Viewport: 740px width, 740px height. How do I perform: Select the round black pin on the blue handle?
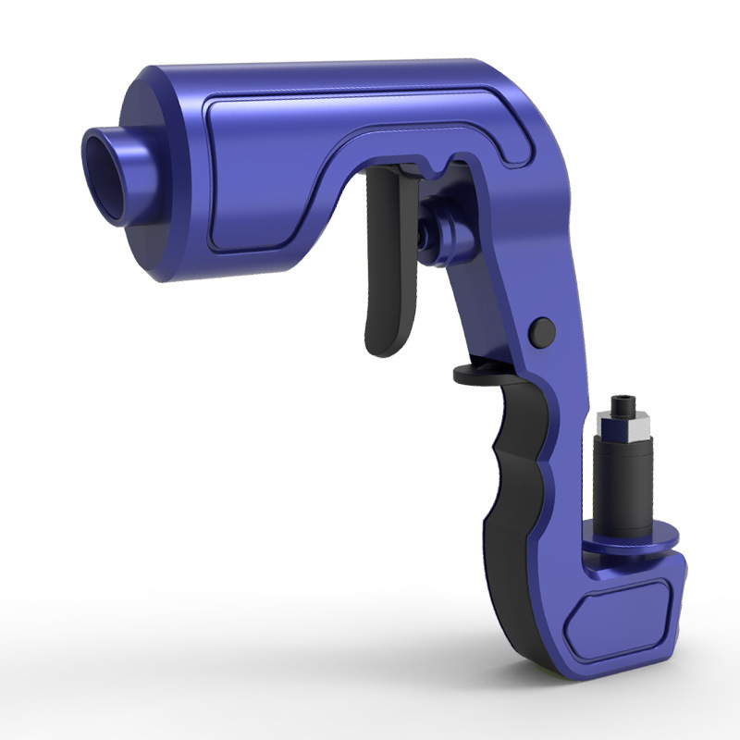(x=543, y=328)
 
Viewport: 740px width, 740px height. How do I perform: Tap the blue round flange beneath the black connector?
(x=638, y=536)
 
